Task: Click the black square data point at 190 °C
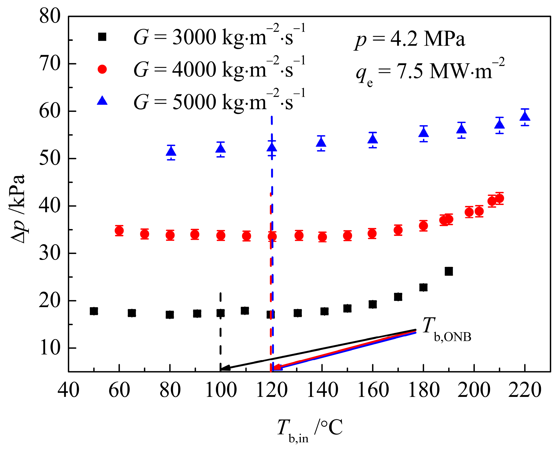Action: [449, 271]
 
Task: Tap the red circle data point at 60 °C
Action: [119, 231]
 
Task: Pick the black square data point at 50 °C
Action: [94, 311]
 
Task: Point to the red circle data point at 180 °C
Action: [423, 226]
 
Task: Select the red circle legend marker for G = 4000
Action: [102, 69]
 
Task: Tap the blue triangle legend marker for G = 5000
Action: [102, 101]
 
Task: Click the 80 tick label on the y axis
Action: [50, 16]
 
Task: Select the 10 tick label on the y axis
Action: [50, 348]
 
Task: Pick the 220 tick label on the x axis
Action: [524, 390]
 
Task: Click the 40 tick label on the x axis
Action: [68, 390]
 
